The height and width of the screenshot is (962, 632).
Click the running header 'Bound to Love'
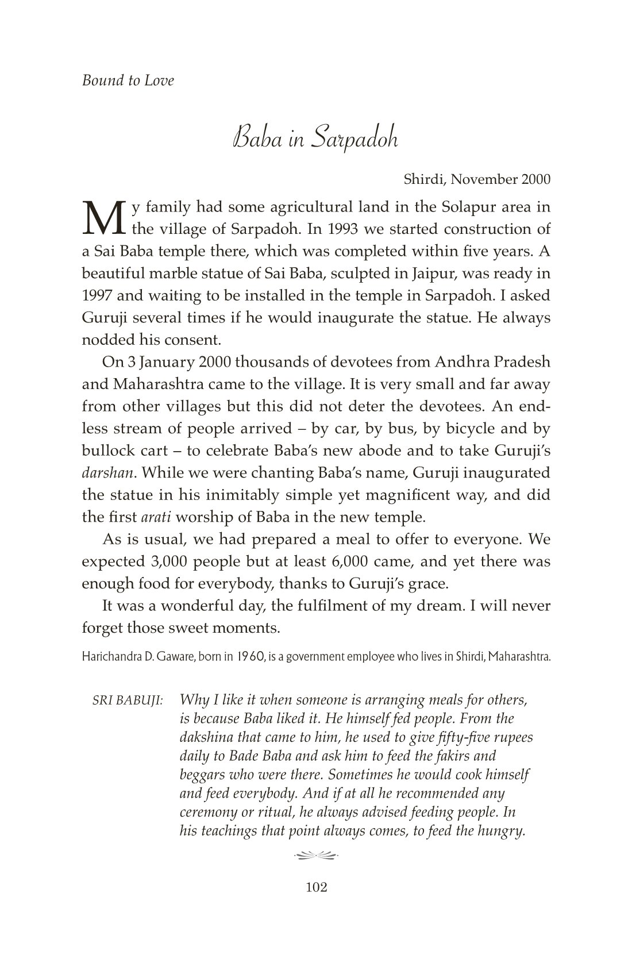coord(128,80)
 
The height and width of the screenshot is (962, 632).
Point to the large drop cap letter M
coord(103,218)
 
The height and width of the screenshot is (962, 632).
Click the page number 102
coord(316,888)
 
